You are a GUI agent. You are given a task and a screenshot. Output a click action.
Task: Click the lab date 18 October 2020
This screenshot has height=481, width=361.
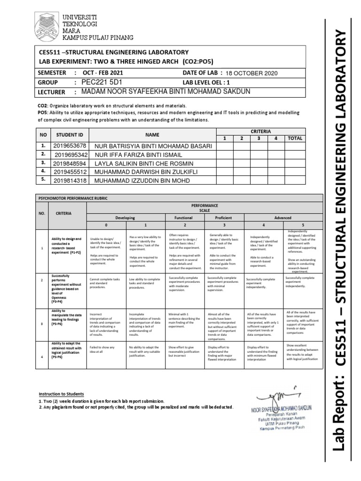(x=252, y=73)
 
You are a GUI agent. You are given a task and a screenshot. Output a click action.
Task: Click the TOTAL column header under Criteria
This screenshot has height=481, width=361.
(x=295, y=138)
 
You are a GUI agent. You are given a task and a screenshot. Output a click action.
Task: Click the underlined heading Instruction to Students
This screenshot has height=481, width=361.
(x=61, y=393)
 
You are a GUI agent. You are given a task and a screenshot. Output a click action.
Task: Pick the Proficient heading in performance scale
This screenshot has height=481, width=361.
(x=223, y=218)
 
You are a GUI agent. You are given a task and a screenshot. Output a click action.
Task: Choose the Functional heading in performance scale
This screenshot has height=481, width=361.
(x=183, y=218)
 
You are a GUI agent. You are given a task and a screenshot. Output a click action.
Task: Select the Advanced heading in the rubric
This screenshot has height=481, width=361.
(x=283, y=218)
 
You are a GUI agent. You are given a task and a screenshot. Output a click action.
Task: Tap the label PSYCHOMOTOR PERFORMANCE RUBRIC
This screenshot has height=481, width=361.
(x=73, y=198)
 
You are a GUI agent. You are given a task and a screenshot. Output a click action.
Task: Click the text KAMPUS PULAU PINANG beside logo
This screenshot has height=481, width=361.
(x=98, y=37)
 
